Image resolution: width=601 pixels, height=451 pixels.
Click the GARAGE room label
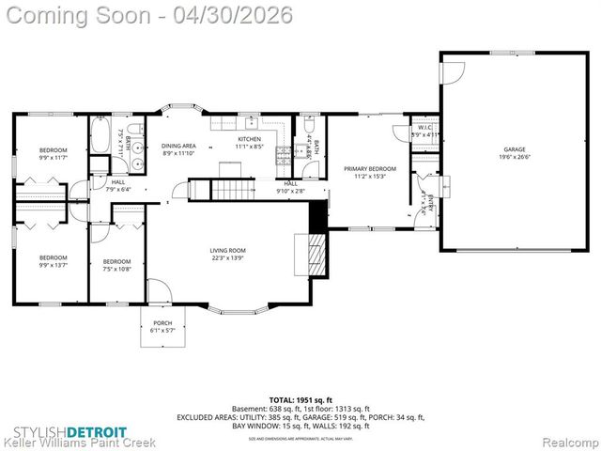click(514, 149)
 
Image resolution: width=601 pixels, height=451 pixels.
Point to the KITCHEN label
click(249, 139)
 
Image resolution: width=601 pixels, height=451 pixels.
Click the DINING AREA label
click(178, 146)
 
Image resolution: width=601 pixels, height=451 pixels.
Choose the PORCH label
click(162, 322)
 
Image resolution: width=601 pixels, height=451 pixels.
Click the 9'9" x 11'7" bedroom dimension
click(53, 158)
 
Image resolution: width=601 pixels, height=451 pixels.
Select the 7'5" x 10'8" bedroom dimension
click(116, 269)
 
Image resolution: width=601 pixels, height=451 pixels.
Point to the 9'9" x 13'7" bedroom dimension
click(53, 264)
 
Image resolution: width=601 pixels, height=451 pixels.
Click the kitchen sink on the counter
click(252, 123)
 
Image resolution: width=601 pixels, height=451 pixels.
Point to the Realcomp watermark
click(567, 440)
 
